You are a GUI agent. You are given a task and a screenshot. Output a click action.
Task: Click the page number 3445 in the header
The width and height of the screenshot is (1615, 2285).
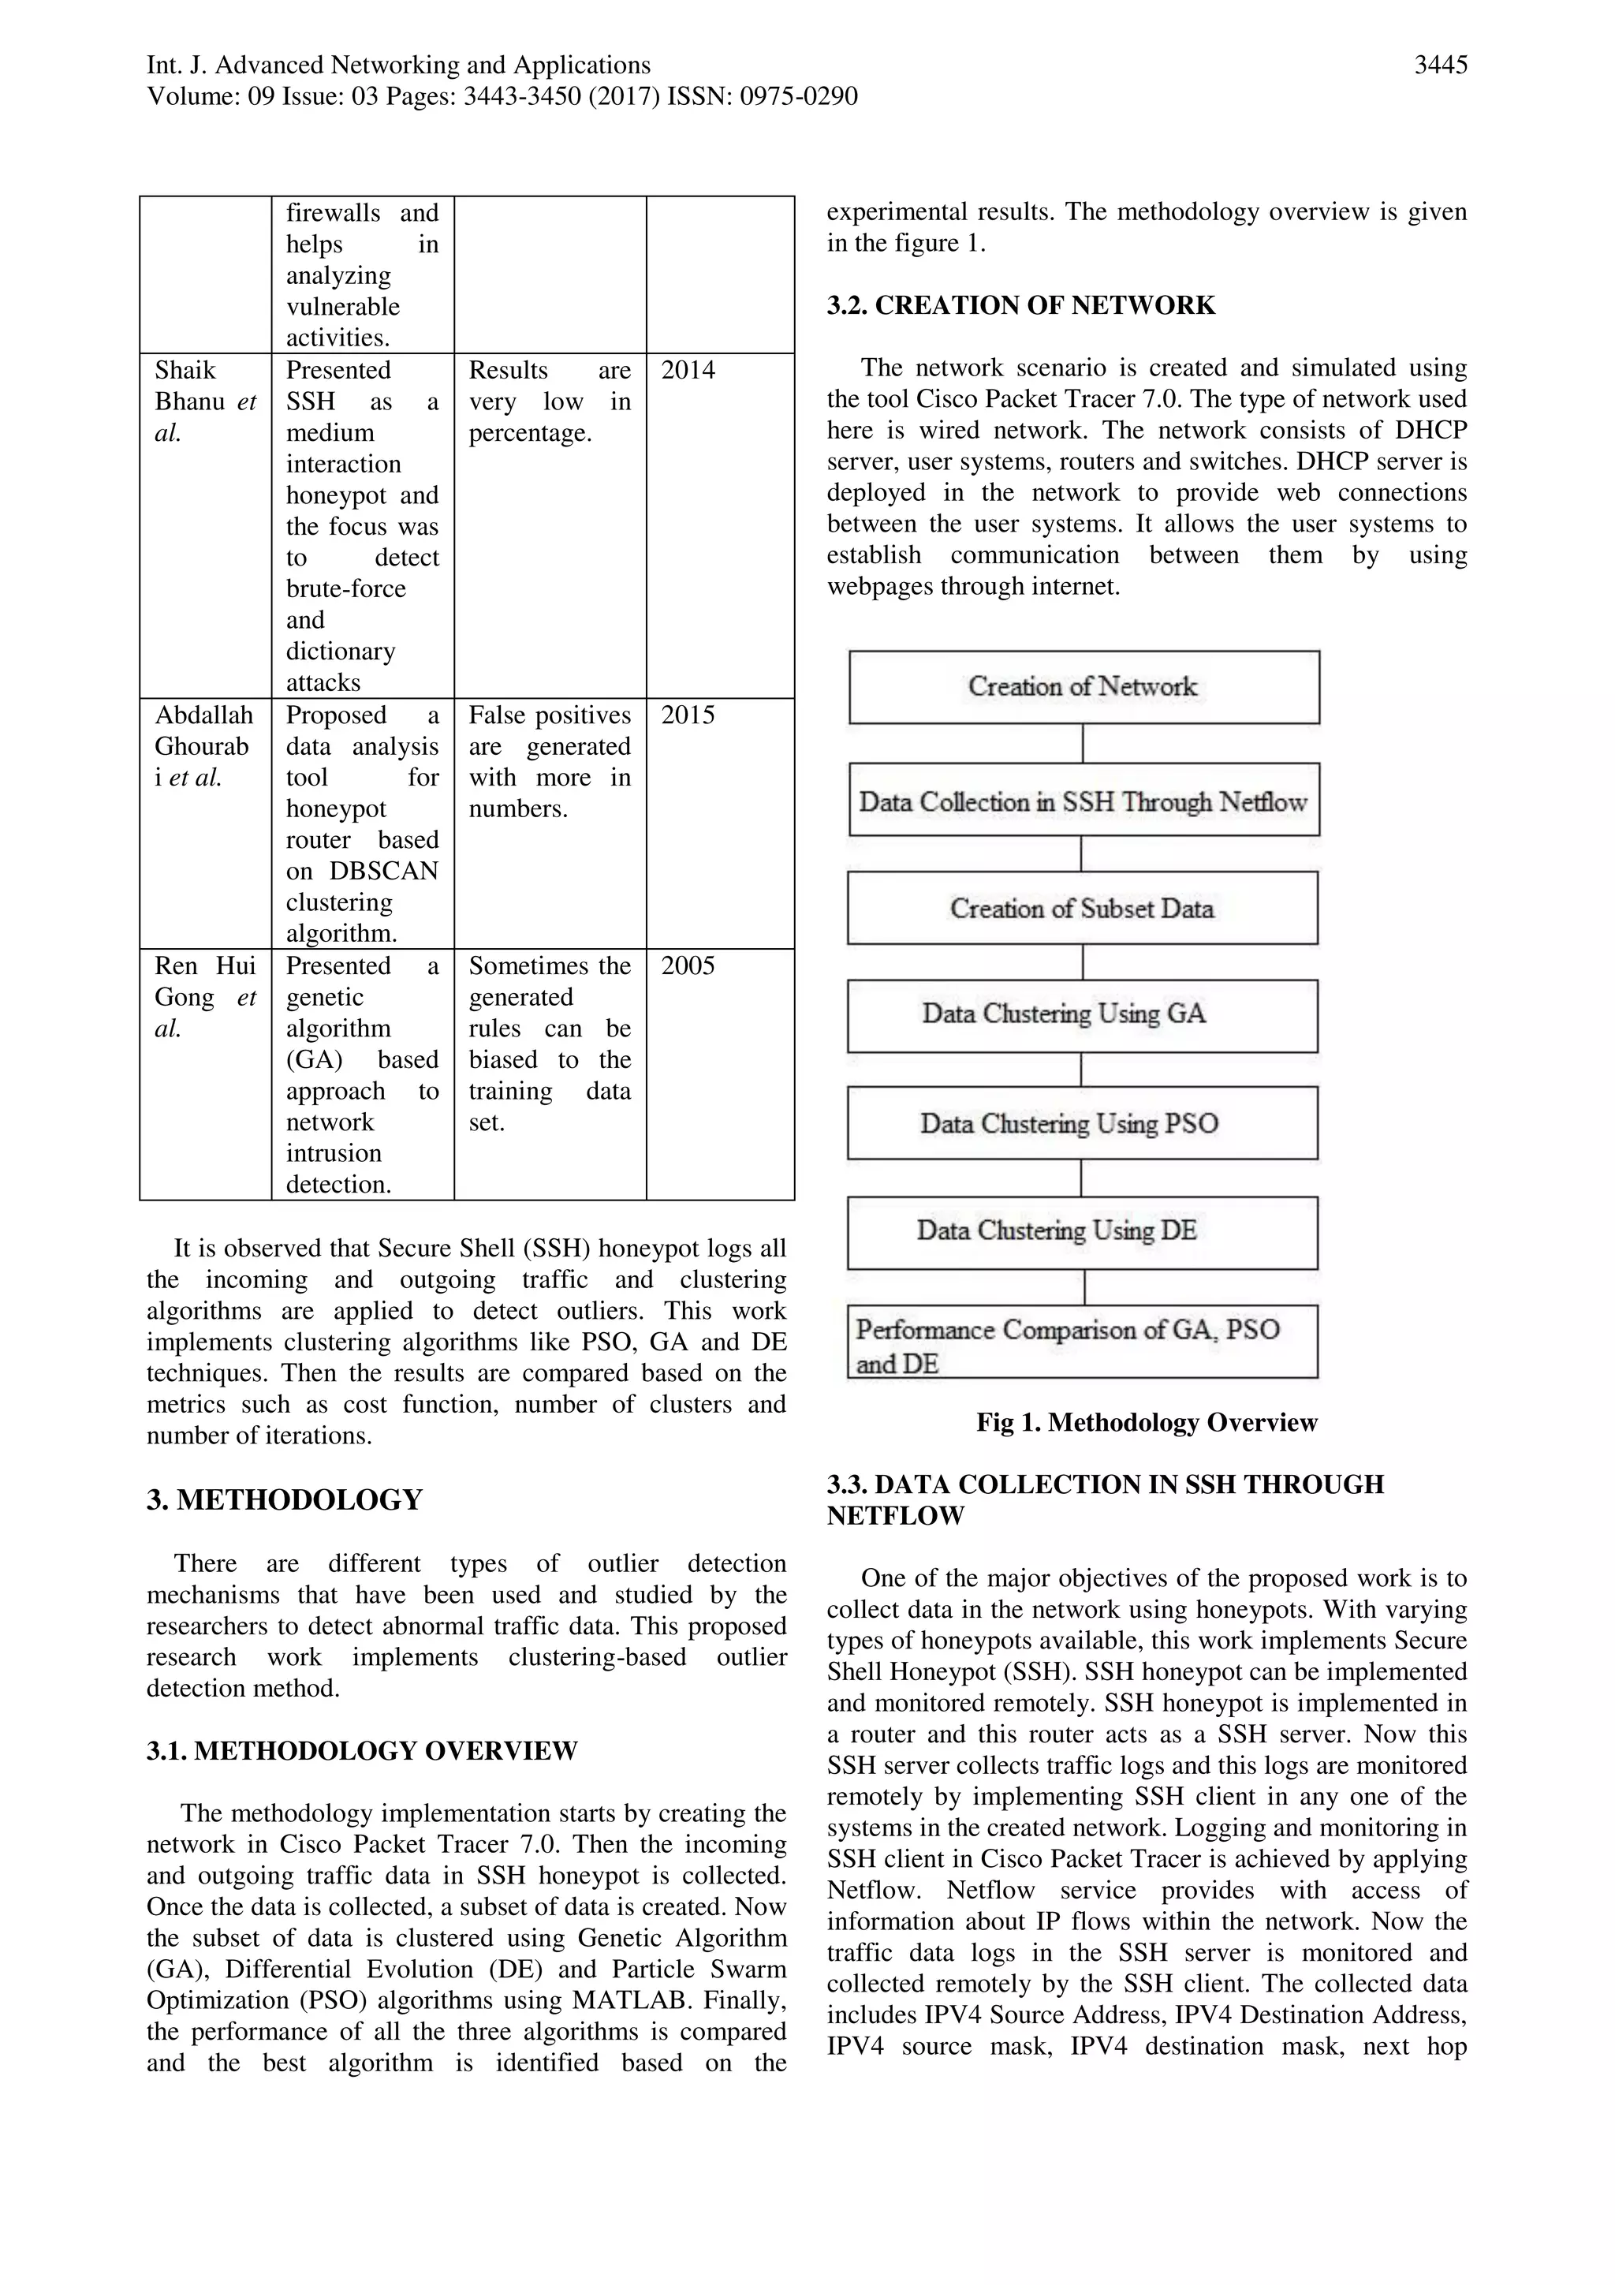pos(1440,65)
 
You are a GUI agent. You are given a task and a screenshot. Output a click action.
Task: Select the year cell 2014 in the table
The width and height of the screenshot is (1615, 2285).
pos(688,370)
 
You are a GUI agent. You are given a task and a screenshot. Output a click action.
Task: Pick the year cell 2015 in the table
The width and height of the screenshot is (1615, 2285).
pos(688,715)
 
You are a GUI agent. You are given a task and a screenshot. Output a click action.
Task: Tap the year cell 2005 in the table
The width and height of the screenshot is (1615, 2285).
pos(688,966)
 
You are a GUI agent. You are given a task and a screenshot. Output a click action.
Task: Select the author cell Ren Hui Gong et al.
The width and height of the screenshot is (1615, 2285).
pos(205,997)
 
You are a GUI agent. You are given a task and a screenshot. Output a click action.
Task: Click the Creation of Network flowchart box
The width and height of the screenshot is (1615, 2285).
pos(1084,687)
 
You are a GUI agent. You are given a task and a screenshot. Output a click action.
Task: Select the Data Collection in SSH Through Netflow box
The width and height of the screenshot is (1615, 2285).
pos(1084,800)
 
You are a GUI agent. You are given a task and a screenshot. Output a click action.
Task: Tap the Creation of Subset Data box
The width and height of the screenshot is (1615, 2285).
pos(1083,908)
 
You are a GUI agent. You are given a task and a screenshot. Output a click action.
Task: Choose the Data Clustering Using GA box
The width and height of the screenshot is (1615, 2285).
pos(1083,1015)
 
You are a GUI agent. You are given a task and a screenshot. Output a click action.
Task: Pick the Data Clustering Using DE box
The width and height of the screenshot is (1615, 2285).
pos(1083,1232)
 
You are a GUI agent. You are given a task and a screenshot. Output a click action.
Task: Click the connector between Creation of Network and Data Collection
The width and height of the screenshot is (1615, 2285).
pos(1083,744)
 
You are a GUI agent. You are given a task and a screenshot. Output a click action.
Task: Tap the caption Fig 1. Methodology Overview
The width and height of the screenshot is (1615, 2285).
pos(1147,1422)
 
